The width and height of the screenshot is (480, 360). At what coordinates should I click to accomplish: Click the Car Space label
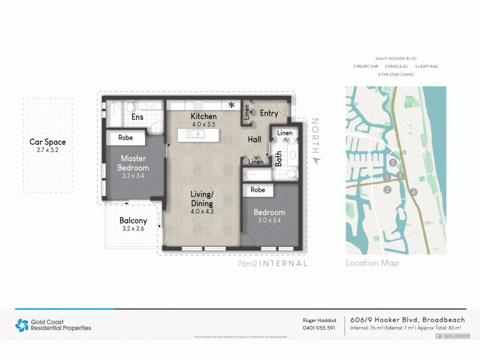[x=48, y=142]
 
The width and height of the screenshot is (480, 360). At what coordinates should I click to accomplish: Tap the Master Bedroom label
[x=133, y=163]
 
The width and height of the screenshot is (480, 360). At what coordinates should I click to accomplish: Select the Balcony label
[x=133, y=220]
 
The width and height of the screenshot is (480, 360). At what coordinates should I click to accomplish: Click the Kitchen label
[x=204, y=116]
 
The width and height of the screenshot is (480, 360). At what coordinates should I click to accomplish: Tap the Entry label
[x=269, y=113]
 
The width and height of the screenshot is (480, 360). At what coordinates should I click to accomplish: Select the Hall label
[x=254, y=139]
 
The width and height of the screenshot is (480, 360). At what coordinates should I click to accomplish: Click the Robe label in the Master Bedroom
[x=125, y=138]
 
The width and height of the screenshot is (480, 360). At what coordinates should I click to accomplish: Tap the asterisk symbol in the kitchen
[x=231, y=105]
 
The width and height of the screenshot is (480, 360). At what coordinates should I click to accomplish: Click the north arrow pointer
[x=316, y=160]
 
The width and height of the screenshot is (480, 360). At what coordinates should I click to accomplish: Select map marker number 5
[x=393, y=163]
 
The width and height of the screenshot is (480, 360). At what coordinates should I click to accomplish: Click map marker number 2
[x=388, y=189]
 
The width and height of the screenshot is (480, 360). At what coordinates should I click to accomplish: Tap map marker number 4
[x=413, y=192]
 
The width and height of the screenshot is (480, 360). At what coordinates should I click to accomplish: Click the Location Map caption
[x=372, y=263]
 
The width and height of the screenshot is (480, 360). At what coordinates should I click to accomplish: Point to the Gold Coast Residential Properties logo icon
[x=22, y=325]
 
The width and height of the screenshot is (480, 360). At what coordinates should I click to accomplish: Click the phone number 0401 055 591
[x=319, y=328]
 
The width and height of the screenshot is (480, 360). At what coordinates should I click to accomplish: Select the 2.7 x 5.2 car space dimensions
[x=48, y=150]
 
